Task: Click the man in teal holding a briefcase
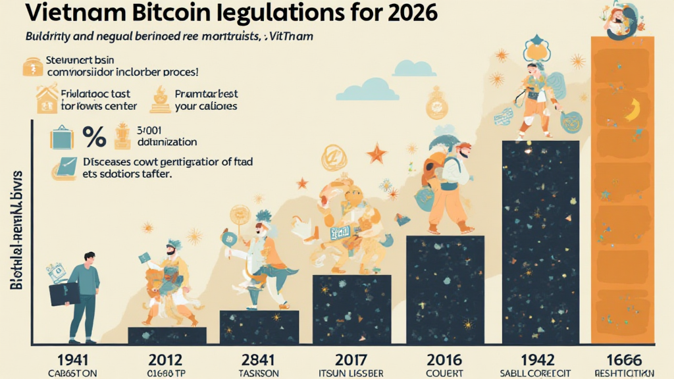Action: tap(83, 292)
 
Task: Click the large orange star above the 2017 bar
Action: tap(376, 155)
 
